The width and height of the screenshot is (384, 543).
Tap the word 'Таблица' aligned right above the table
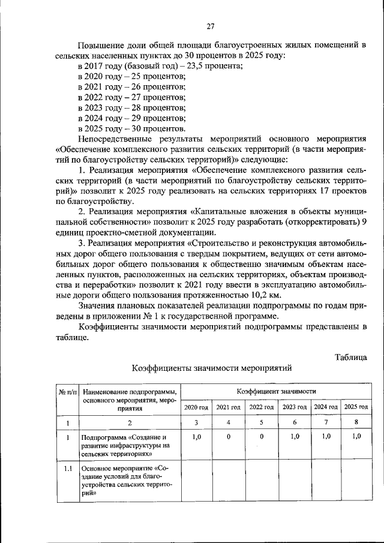tap(351, 358)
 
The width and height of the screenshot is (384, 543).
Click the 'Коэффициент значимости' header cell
tap(276, 391)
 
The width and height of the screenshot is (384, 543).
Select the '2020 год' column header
tap(196, 407)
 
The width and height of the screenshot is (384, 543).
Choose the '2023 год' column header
tap(294, 407)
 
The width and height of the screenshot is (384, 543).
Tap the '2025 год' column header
tap(356, 407)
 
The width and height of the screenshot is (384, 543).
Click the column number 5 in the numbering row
tap(262, 423)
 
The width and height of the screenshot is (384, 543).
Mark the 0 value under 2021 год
tap(229, 437)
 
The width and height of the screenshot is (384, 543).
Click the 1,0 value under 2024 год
tap(326, 437)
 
